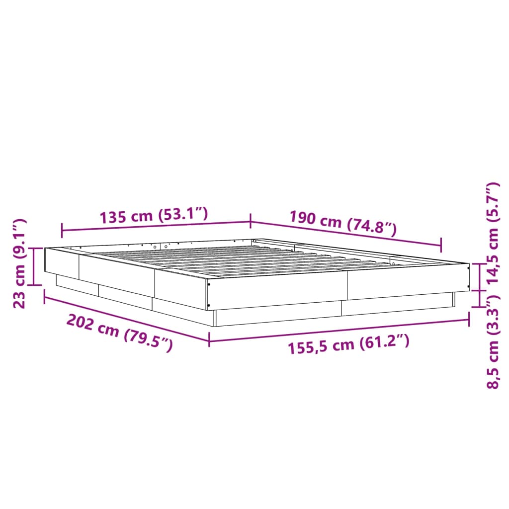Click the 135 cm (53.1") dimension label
[x=153, y=216]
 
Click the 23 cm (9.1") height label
[x=19, y=263]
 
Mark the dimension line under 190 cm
[x=345, y=233]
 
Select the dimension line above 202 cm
[x=127, y=318]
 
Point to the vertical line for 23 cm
[x=34, y=266]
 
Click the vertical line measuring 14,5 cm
[x=479, y=277]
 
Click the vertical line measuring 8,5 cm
[x=479, y=298]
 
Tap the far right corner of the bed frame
[x=469, y=264]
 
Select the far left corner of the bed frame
[x=45, y=248]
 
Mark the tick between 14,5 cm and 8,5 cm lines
[x=479, y=290]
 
